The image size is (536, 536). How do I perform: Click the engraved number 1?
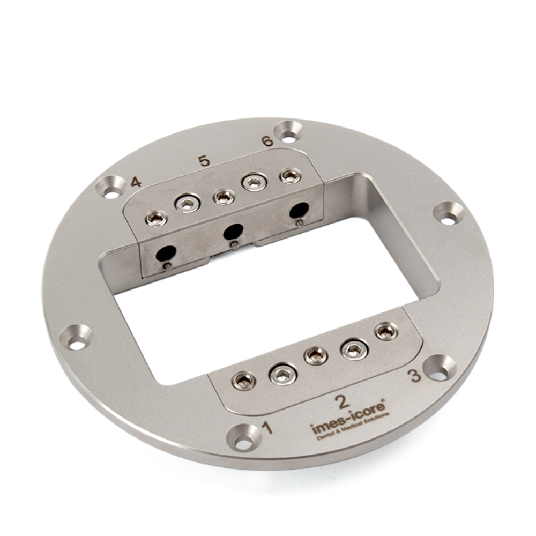click(x=266, y=427)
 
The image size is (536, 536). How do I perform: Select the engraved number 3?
click(x=415, y=375)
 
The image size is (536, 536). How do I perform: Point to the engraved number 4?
click(x=136, y=182)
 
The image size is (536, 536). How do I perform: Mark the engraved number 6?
click(x=267, y=141)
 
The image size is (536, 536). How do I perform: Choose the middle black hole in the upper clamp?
click(x=232, y=232)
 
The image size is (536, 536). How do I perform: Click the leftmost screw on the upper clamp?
click(x=157, y=217)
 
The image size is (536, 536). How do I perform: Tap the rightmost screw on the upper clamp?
click(x=290, y=175)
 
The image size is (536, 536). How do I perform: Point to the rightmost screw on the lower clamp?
click(x=386, y=331)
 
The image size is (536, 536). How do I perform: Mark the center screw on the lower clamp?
click(x=316, y=355)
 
